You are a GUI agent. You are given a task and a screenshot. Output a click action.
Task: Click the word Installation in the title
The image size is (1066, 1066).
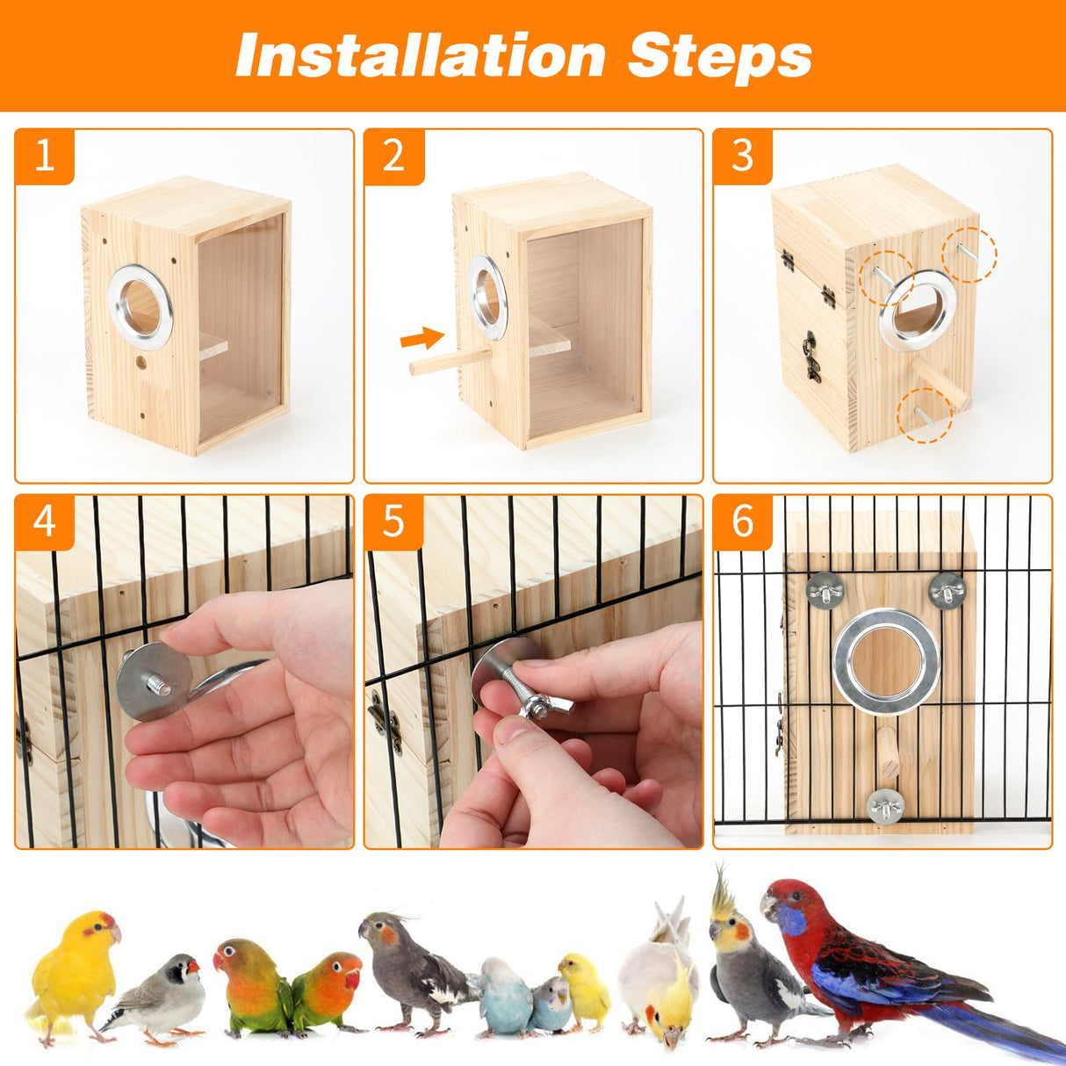pyautogui.click(x=420, y=55)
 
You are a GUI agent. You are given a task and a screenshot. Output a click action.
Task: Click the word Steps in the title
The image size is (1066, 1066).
pyautogui.click(x=720, y=55)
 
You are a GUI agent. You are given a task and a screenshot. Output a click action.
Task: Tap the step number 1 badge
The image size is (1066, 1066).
pyautogui.click(x=44, y=156)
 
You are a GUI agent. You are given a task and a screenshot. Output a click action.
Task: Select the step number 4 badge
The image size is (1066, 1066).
pyautogui.click(x=44, y=522)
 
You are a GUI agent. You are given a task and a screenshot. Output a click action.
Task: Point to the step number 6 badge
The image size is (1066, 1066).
pyautogui.click(x=743, y=522)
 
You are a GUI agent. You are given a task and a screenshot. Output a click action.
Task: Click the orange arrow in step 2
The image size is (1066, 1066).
pyautogui.click(x=421, y=338)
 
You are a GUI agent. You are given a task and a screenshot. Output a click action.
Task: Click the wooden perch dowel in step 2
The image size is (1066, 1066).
pyautogui.click(x=448, y=360)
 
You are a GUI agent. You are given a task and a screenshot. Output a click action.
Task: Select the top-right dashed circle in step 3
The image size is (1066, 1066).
pyautogui.click(x=969, y=255)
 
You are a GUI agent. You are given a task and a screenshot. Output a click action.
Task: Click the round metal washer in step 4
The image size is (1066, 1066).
pyautogui.click(x=153, y=681)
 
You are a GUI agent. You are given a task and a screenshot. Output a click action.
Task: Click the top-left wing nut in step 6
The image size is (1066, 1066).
pyautogui.click(x=825, y=588)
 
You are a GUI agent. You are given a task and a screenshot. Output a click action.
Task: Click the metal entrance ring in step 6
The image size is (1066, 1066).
pyautogui.click(x=886, y=662)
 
